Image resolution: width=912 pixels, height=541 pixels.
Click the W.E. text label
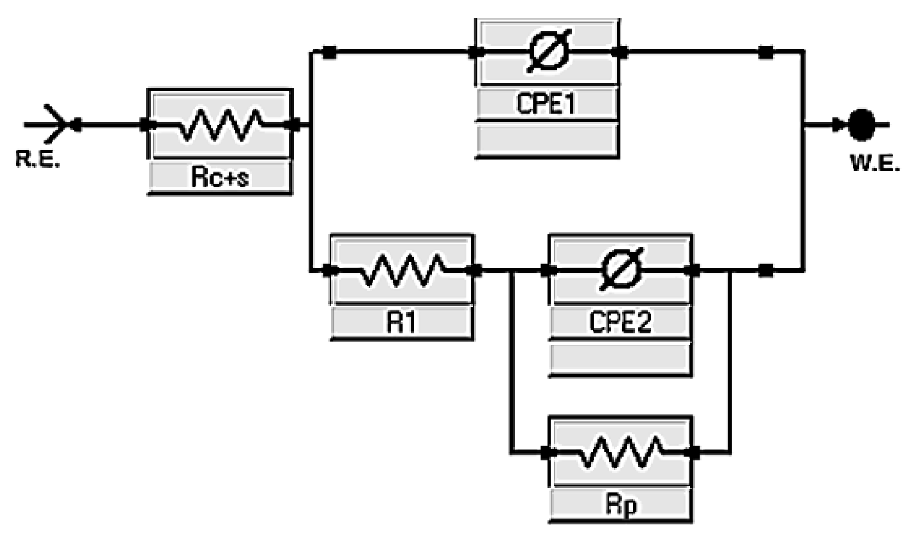click(x=875, y=164)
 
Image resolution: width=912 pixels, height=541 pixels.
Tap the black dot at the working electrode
click(x=862, y=125)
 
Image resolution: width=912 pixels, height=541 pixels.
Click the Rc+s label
click(x=219, y=177)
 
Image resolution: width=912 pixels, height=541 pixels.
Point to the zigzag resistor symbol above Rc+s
click(x=221, y=125)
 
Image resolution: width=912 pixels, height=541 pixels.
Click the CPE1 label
click(x=546, y=103)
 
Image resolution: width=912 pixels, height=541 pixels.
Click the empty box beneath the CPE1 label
click(x=547, y=139)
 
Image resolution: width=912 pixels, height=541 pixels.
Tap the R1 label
click(x=401, y=322)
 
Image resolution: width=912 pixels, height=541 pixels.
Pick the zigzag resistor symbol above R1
click(x=403, y=270)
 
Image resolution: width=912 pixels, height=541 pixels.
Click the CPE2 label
click(x=620, y=322)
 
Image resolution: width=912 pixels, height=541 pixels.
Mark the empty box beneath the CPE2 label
click(x=620, y=358)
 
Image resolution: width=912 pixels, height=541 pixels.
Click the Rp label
click(x=620, y=505)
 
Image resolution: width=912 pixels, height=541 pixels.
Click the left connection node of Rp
click(x=546, y=452)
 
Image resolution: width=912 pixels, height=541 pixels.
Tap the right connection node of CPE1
click(x=621, y=52)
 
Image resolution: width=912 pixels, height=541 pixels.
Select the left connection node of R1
click(x=328, y=270)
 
